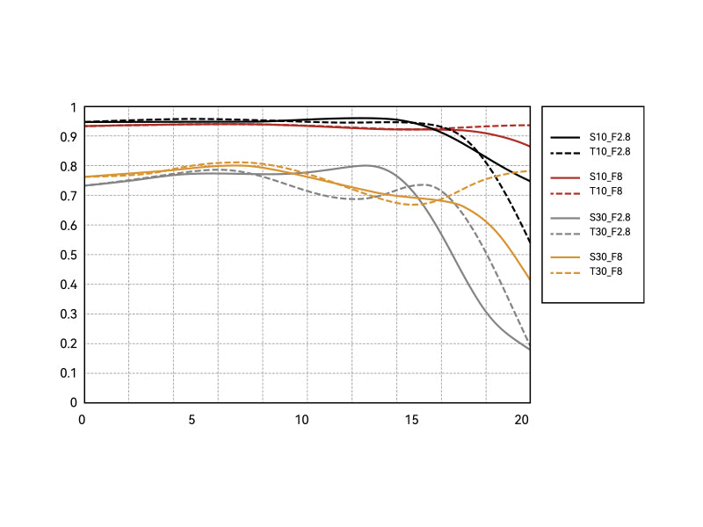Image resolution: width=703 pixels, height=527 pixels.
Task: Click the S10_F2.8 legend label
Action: tap(610, 137)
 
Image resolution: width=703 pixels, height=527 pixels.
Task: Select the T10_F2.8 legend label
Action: tap(610, 152)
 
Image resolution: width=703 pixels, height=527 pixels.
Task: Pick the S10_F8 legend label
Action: tap(605, 177)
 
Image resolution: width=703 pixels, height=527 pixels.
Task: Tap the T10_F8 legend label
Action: tap(605, 191)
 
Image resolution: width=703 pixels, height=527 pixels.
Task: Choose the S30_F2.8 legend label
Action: tap(610, 217)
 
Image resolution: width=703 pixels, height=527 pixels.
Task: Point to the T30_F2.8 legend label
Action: tap(610, 232)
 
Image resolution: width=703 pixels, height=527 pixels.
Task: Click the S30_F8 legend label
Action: tap(605, 256)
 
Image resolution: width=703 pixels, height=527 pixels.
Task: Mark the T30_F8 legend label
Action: tap(605, 271)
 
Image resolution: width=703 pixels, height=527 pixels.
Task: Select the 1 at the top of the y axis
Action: tap(74, 107)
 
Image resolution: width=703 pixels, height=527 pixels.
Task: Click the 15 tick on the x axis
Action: tap(413, 420)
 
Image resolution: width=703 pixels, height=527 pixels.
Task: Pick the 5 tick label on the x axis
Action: tap(192, 420)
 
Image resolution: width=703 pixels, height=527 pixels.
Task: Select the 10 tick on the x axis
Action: tap(302, 420)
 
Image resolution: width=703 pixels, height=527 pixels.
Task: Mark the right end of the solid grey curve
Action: tap(530, 350)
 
